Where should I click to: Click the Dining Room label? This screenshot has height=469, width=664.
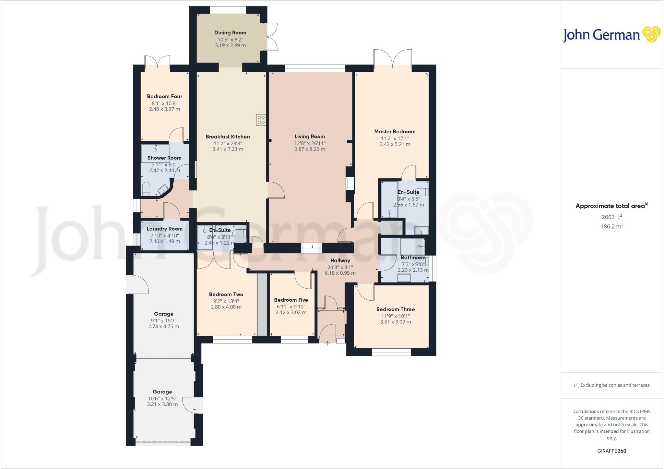(x=230, y=33)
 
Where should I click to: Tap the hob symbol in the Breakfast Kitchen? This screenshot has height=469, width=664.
(x=261, y=120)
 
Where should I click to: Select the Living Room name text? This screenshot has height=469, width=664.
(x=310, y=137)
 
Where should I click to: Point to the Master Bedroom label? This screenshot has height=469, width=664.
(x=395, y=132)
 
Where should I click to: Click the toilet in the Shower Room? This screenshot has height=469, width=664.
(x=146, y=189)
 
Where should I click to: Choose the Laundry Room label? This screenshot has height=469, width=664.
(x=164, y=229)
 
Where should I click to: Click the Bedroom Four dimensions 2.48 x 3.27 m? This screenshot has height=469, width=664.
(x=164, y=109)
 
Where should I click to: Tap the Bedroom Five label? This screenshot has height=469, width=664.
(x=291, y=300)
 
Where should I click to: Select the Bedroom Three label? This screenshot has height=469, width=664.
(x=396, y=309)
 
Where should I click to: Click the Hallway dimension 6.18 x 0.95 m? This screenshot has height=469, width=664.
(x=340, y=273)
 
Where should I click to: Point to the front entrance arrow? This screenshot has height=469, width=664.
(x=327, y=343)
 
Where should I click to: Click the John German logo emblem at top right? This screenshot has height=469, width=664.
(x=651, y=34)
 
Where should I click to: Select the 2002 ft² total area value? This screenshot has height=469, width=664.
(x=612, y=217)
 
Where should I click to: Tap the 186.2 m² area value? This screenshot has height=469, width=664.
(x=612, y=226)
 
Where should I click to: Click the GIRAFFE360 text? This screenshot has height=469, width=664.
(x=612, y=451)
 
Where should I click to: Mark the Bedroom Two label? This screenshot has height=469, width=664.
(x=226, y=295)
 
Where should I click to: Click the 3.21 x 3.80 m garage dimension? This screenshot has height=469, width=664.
(x=162, y=404)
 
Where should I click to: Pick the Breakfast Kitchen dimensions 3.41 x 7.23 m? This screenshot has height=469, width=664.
(x=228, y=150)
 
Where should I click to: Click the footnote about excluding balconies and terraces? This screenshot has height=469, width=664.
(x=612, y=385)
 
